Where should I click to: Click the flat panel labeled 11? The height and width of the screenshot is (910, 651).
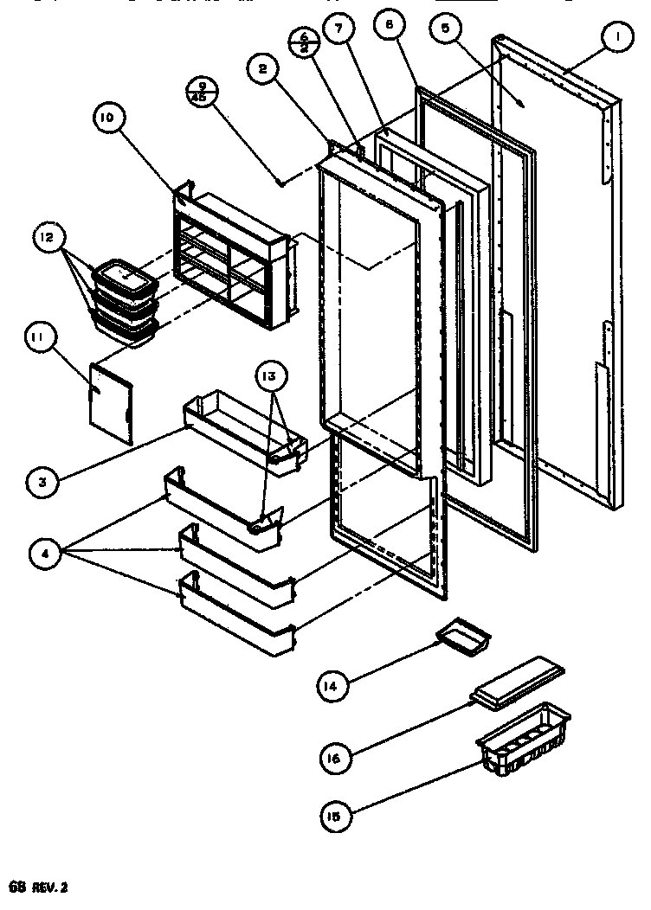[111, 401]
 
